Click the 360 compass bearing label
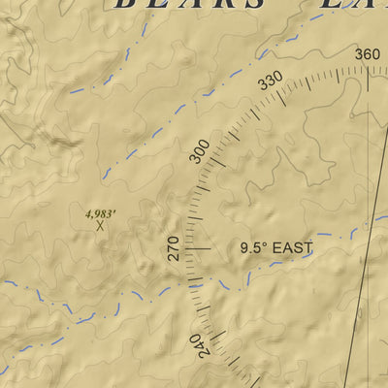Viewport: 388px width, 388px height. pos(367,54)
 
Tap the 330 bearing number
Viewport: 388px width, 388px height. pos(271,83)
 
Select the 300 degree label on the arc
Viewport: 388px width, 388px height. pos(200,152)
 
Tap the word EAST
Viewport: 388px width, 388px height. pos(292,248)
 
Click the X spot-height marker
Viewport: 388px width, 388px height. pos(100,225)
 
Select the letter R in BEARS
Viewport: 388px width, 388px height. pos(226,4)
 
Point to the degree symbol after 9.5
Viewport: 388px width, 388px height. pos(266,243)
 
